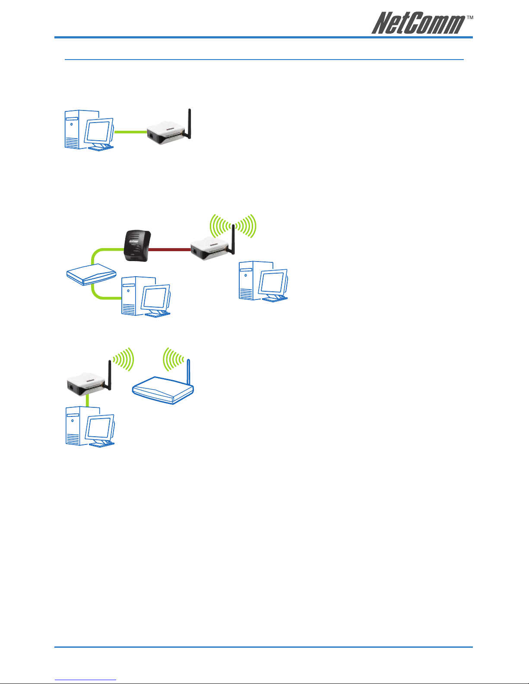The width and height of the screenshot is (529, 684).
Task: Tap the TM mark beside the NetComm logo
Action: [x=470, y=18]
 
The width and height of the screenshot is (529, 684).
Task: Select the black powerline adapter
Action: [x=137, y=246]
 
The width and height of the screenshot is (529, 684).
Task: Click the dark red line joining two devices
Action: [x=169, y=249]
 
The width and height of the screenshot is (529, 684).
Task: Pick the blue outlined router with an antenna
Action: [x=163, y=382]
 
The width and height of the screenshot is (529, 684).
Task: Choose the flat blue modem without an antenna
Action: [x=91, y=274]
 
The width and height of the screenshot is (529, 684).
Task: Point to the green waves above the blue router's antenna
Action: [x=173, y=359]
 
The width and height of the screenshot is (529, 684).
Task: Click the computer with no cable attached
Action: [x=263, y=281]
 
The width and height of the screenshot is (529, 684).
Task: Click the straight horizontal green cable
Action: [x=131, y=132]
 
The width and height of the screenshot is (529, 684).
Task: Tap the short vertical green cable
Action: [x=88, y=400]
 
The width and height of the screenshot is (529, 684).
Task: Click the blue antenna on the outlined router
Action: [x=188, y=372]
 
